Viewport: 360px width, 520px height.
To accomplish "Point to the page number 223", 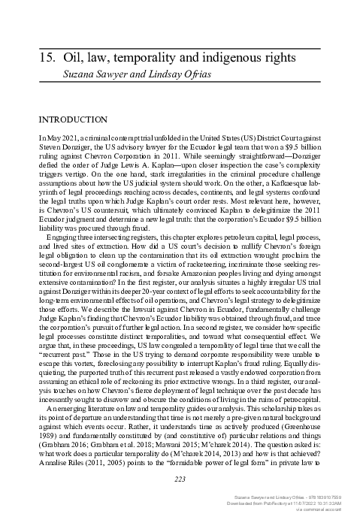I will pos(180,459).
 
